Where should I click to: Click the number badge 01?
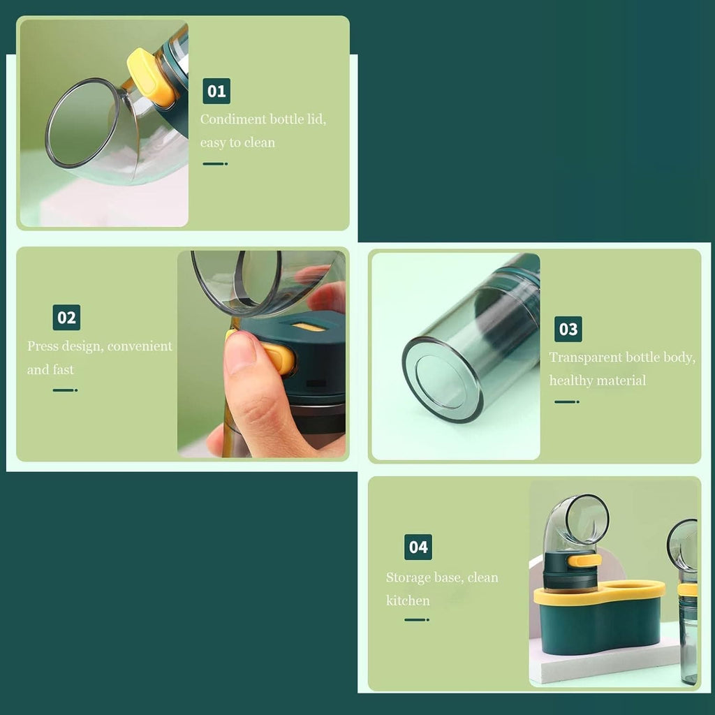pyautogui.click(x=216, y=91)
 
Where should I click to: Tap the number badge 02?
pyautogui.click(x=66, y=318)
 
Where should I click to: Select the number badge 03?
pyautogui.click(x=568, y=329)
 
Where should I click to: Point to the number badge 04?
pyautogui.click(x=418, y=547)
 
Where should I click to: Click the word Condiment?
pyautogui.click(x=233, y=119)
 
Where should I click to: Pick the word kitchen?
pyautogui.click(x=408, y=600)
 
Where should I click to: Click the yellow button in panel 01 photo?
pyautogui.click(x=151, y=78)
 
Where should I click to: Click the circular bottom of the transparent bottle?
pyautogui.click(x=442, y=379)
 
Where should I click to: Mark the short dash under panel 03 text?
pyautogui.click(x=567, y=401)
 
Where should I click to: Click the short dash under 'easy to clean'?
pyautogui.click(x=215, y=163)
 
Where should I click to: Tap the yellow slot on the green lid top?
pyautogui.click(x=309, y=327)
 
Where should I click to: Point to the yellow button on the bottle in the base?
pyautogui.click(x=584, y=561)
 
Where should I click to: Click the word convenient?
pyautogui.click(x=140, y=346)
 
